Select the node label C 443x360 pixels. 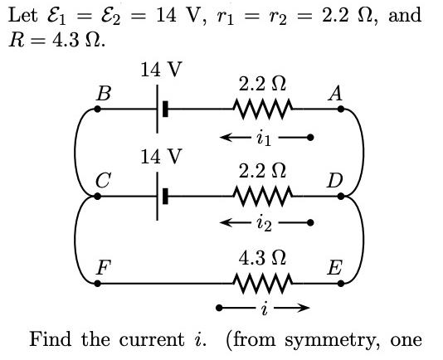(x=101, y=180)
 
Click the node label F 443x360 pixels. (x=103, y=268)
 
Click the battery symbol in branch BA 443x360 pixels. (x=162, y=109)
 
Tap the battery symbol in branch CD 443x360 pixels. (x=162, y=197)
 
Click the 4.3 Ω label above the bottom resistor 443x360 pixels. (x=263, y=258)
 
